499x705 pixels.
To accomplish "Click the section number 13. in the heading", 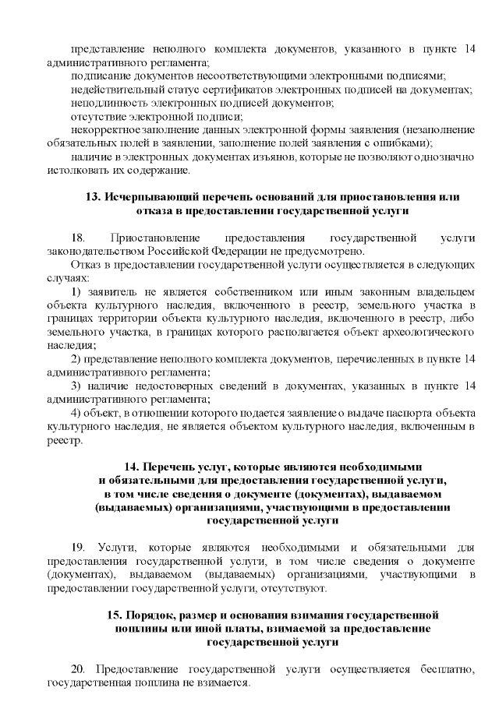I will click(91, 197).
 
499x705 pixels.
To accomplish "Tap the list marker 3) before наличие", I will click(76, 386).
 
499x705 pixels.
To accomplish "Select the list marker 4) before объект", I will click(76, 413).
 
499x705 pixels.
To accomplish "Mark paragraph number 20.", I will click(77, 669).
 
